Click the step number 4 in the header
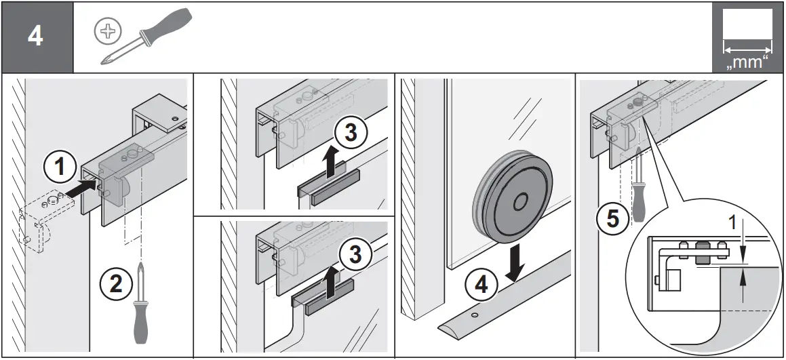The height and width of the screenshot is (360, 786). pos(35,37)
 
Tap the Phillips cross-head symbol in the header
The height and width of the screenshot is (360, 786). pos(107,31)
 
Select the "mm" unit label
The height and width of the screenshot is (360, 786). pos(747,62)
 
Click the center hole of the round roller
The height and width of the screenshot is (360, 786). pos(521,202)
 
